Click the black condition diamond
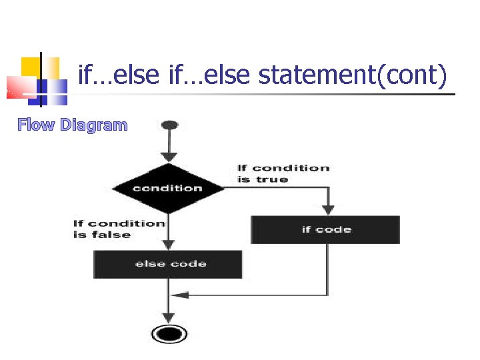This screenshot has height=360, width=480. (168, 188)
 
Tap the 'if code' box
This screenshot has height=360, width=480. (325, 230)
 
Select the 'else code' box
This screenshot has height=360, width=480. (168, 264)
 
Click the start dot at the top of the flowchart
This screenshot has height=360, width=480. (169, 125)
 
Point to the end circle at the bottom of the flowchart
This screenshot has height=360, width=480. (169, 333)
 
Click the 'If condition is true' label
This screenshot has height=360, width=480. (283, 174)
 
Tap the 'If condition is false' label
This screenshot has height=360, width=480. (119, 229)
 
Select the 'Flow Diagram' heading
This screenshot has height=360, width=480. (73, 125)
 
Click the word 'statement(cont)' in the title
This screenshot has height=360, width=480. (352, 75)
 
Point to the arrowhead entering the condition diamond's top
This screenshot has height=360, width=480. (169, 157)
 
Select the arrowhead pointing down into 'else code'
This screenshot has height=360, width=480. (169, 245)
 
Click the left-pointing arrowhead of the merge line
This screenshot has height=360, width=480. (177, 295)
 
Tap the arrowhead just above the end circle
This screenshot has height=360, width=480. (169, 318)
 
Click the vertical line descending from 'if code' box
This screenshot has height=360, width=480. (327, 267)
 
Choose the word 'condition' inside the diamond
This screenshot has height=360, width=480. (167, 188)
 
